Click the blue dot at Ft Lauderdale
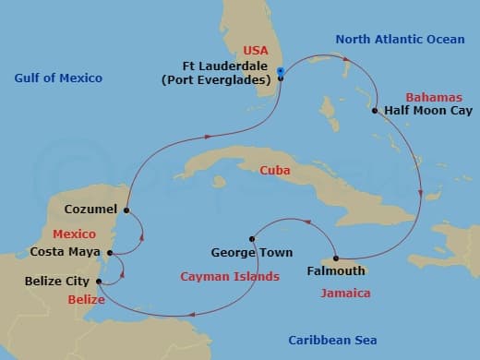click(280, 78)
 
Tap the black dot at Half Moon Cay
click(375, 112)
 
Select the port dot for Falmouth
click(335, 258)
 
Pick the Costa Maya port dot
click(110, 252)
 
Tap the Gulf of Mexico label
click(56, 78)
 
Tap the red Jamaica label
click(345, 294)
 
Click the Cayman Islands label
click(230, 276)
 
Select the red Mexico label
click(75, 234)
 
